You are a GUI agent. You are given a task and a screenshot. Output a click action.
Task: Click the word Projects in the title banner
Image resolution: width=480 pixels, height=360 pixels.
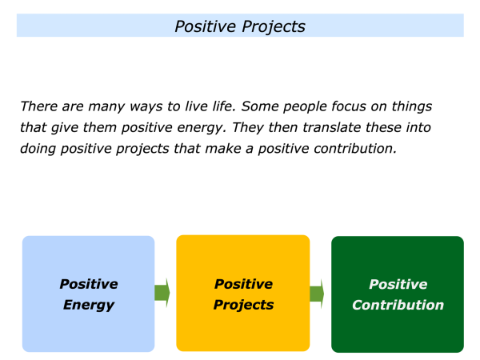click(x=274, y=27)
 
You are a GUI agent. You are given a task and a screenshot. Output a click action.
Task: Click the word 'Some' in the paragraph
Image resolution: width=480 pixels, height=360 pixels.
click(x=259, y=106)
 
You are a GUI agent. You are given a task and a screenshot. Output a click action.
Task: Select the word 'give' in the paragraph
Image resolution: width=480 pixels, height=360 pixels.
click(x=64, y=128)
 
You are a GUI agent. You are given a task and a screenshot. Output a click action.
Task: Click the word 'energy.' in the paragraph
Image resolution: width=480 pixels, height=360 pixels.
click(x=202, y=128)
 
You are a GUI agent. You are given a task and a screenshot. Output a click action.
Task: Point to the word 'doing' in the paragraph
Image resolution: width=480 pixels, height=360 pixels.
click(x=38, y=150)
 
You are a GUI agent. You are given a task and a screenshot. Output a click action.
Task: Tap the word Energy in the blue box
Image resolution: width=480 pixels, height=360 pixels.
click(x=89, y=306)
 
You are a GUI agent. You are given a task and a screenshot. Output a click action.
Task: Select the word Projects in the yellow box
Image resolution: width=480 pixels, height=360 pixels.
click(x=244, y=306)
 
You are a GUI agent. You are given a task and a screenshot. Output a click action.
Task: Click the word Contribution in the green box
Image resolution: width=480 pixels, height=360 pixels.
click(x=398, y=305)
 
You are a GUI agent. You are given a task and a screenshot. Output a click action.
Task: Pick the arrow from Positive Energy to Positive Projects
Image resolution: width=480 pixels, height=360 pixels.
click(x=162, y=293)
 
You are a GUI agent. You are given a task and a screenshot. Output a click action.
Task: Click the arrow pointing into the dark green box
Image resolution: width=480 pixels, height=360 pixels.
click(x=317, y=294)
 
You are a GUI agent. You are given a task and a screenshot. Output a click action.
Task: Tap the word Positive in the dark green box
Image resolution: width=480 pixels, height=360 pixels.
click(x=398, y=284)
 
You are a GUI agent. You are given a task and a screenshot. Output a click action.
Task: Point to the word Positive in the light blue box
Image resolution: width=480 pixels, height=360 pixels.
click(x=89, y=284)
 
